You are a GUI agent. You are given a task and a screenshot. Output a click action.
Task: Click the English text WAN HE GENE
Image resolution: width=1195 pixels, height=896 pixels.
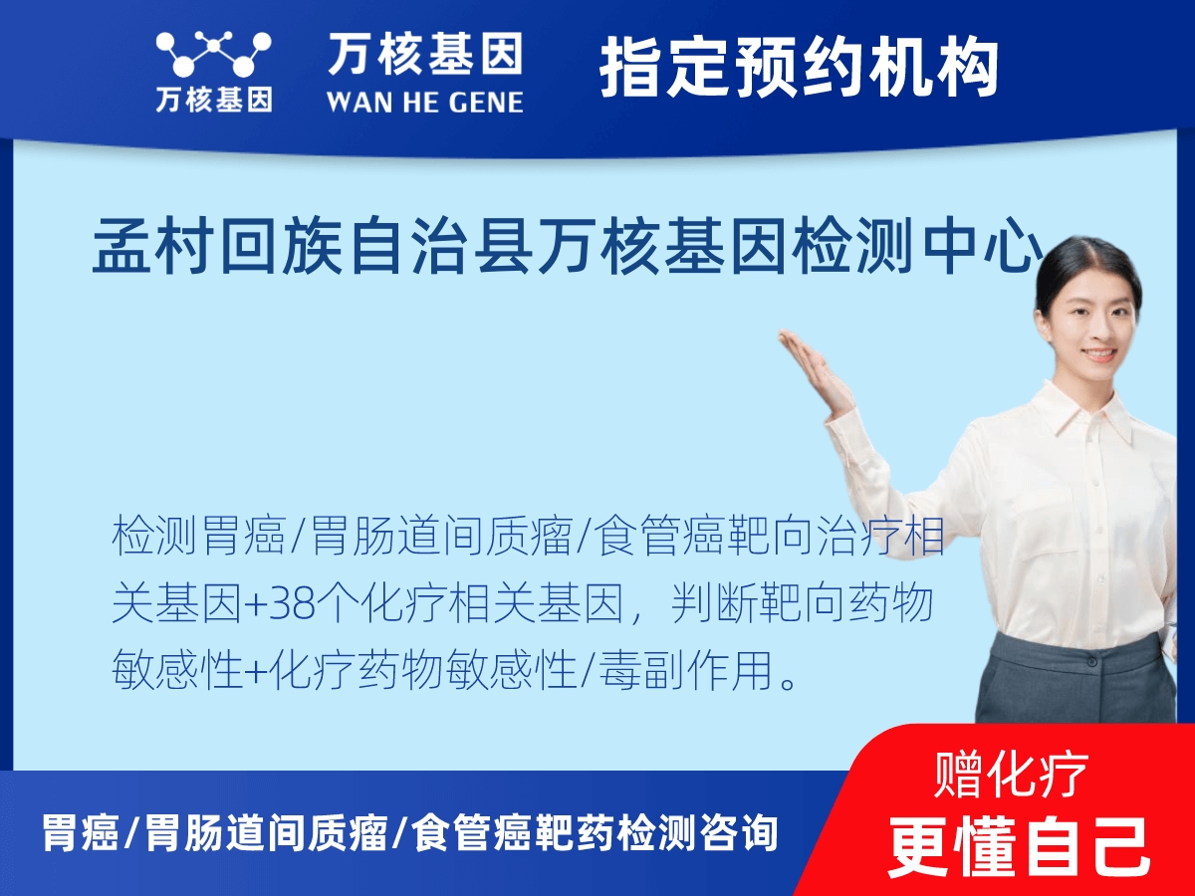(424, 102)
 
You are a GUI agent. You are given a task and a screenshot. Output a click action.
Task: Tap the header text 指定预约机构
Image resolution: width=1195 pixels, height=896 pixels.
(799, 68)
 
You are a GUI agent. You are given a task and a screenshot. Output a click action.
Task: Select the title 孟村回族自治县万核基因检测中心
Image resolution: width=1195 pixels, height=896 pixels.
(568, 250)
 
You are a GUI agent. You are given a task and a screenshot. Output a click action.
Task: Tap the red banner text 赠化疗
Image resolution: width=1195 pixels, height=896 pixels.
(1012, 773)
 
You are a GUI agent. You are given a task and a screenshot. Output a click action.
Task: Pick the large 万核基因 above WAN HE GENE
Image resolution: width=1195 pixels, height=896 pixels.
(424, 54)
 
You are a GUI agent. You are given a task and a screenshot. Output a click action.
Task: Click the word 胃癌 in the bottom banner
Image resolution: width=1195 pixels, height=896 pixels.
(80, 832)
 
